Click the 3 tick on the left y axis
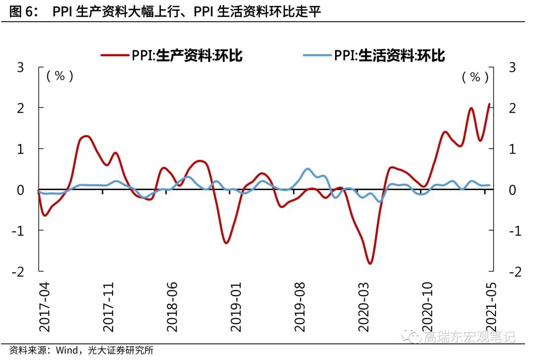21,68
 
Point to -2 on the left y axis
19,272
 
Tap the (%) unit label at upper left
60,77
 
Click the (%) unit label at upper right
475,77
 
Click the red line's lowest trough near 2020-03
369,263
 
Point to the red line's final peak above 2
489,104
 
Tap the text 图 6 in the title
22,11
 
